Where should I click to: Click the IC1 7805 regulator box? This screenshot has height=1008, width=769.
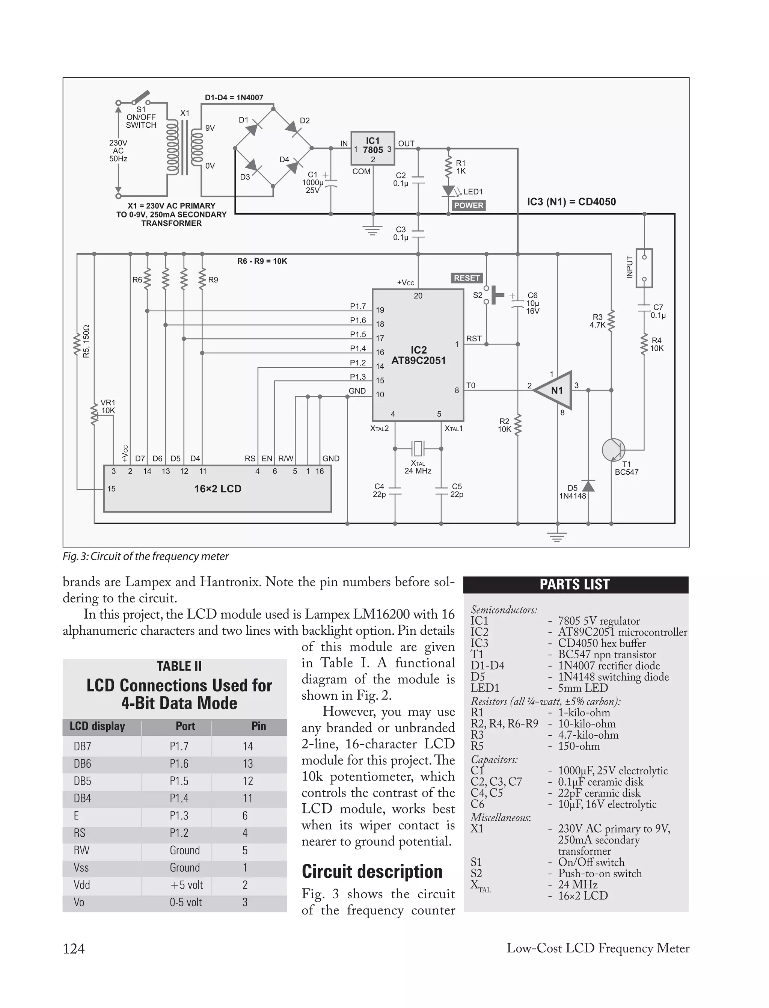[x=372, y=148]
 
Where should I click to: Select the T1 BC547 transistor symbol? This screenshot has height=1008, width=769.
[x=614, y=450]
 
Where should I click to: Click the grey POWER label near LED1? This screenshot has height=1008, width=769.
[x=468, y=205]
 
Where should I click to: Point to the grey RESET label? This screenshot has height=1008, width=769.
[x=466, y=278]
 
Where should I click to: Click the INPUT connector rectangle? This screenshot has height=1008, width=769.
[x=644, y=268]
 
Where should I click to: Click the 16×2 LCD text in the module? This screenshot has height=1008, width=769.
[x=217, y=489]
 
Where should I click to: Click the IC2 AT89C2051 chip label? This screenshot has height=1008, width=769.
[x=418, y=355]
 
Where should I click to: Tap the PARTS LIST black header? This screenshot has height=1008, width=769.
[x=575, y=585]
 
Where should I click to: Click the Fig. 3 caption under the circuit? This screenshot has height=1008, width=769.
[x=146, y=556]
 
